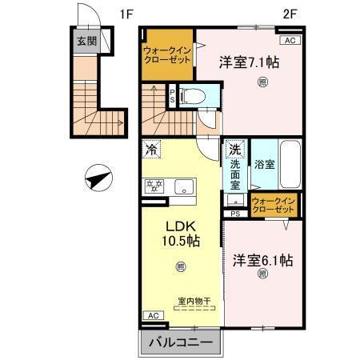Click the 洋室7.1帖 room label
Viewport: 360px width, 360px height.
coord(250,61)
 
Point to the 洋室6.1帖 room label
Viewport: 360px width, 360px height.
coord(262,260)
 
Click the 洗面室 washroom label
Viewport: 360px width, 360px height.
coord(236,171)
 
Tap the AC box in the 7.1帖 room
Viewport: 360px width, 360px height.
coord(289,40)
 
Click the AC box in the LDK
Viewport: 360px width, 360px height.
coord(151,316)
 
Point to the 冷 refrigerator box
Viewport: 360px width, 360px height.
coord(151,149)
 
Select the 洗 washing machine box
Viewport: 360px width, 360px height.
coord(235,149)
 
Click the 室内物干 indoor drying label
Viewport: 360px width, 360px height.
coord(194,301)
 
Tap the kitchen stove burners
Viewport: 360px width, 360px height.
coord(154,187)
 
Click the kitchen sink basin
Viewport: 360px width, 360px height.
coord(185,188)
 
